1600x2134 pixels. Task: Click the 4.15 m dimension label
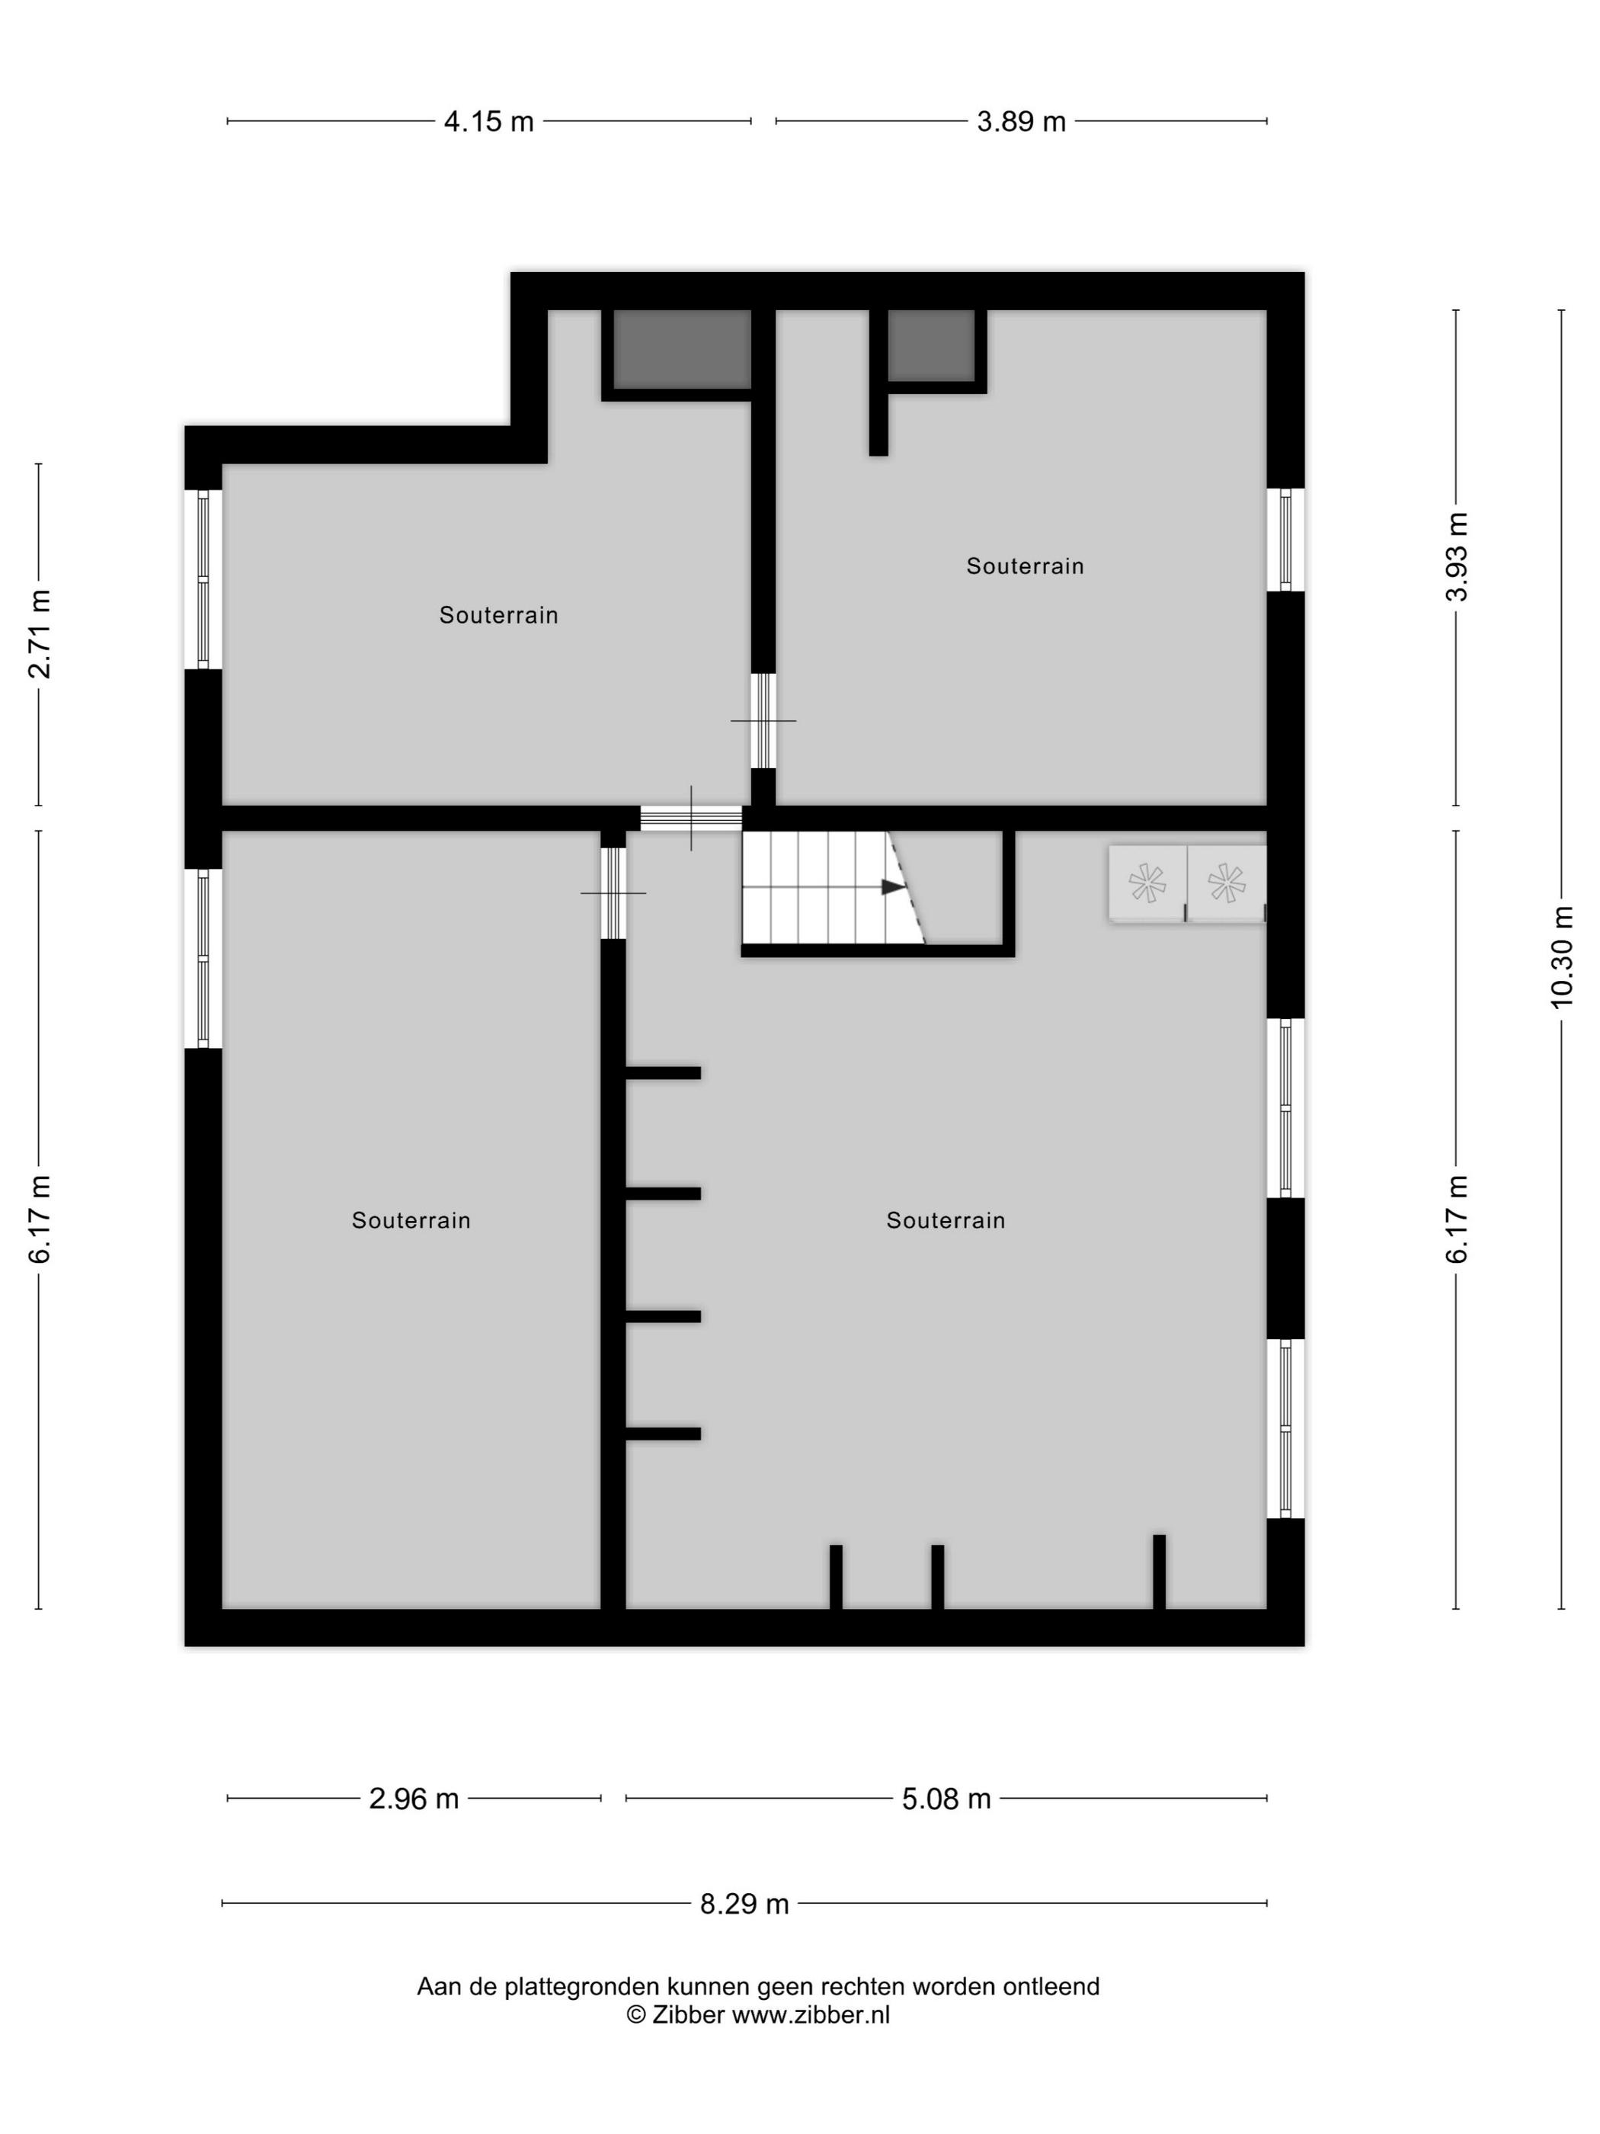pos(488,121)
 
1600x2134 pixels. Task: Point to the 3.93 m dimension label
pos(1455,556)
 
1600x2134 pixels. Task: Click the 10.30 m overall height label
pos(1561,957)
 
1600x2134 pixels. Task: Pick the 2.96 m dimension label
pos(414,1798)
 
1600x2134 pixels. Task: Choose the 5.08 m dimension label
pos(946,1798)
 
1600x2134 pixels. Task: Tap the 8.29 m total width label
pos(744,1903)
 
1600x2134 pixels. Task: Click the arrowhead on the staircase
pos(893,886)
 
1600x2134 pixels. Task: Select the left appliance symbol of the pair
pos(1147,883)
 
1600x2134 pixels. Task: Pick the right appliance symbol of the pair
pos(1227,883)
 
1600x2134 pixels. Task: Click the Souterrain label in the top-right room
pos(1026,566)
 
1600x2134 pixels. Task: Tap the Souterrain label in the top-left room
pos(498,616)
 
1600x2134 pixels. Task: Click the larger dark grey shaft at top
pos(682,349)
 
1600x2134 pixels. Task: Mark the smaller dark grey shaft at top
pos(931,345)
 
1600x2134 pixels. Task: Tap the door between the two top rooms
pos(763,721)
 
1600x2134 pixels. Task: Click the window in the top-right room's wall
pos(1285,540)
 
